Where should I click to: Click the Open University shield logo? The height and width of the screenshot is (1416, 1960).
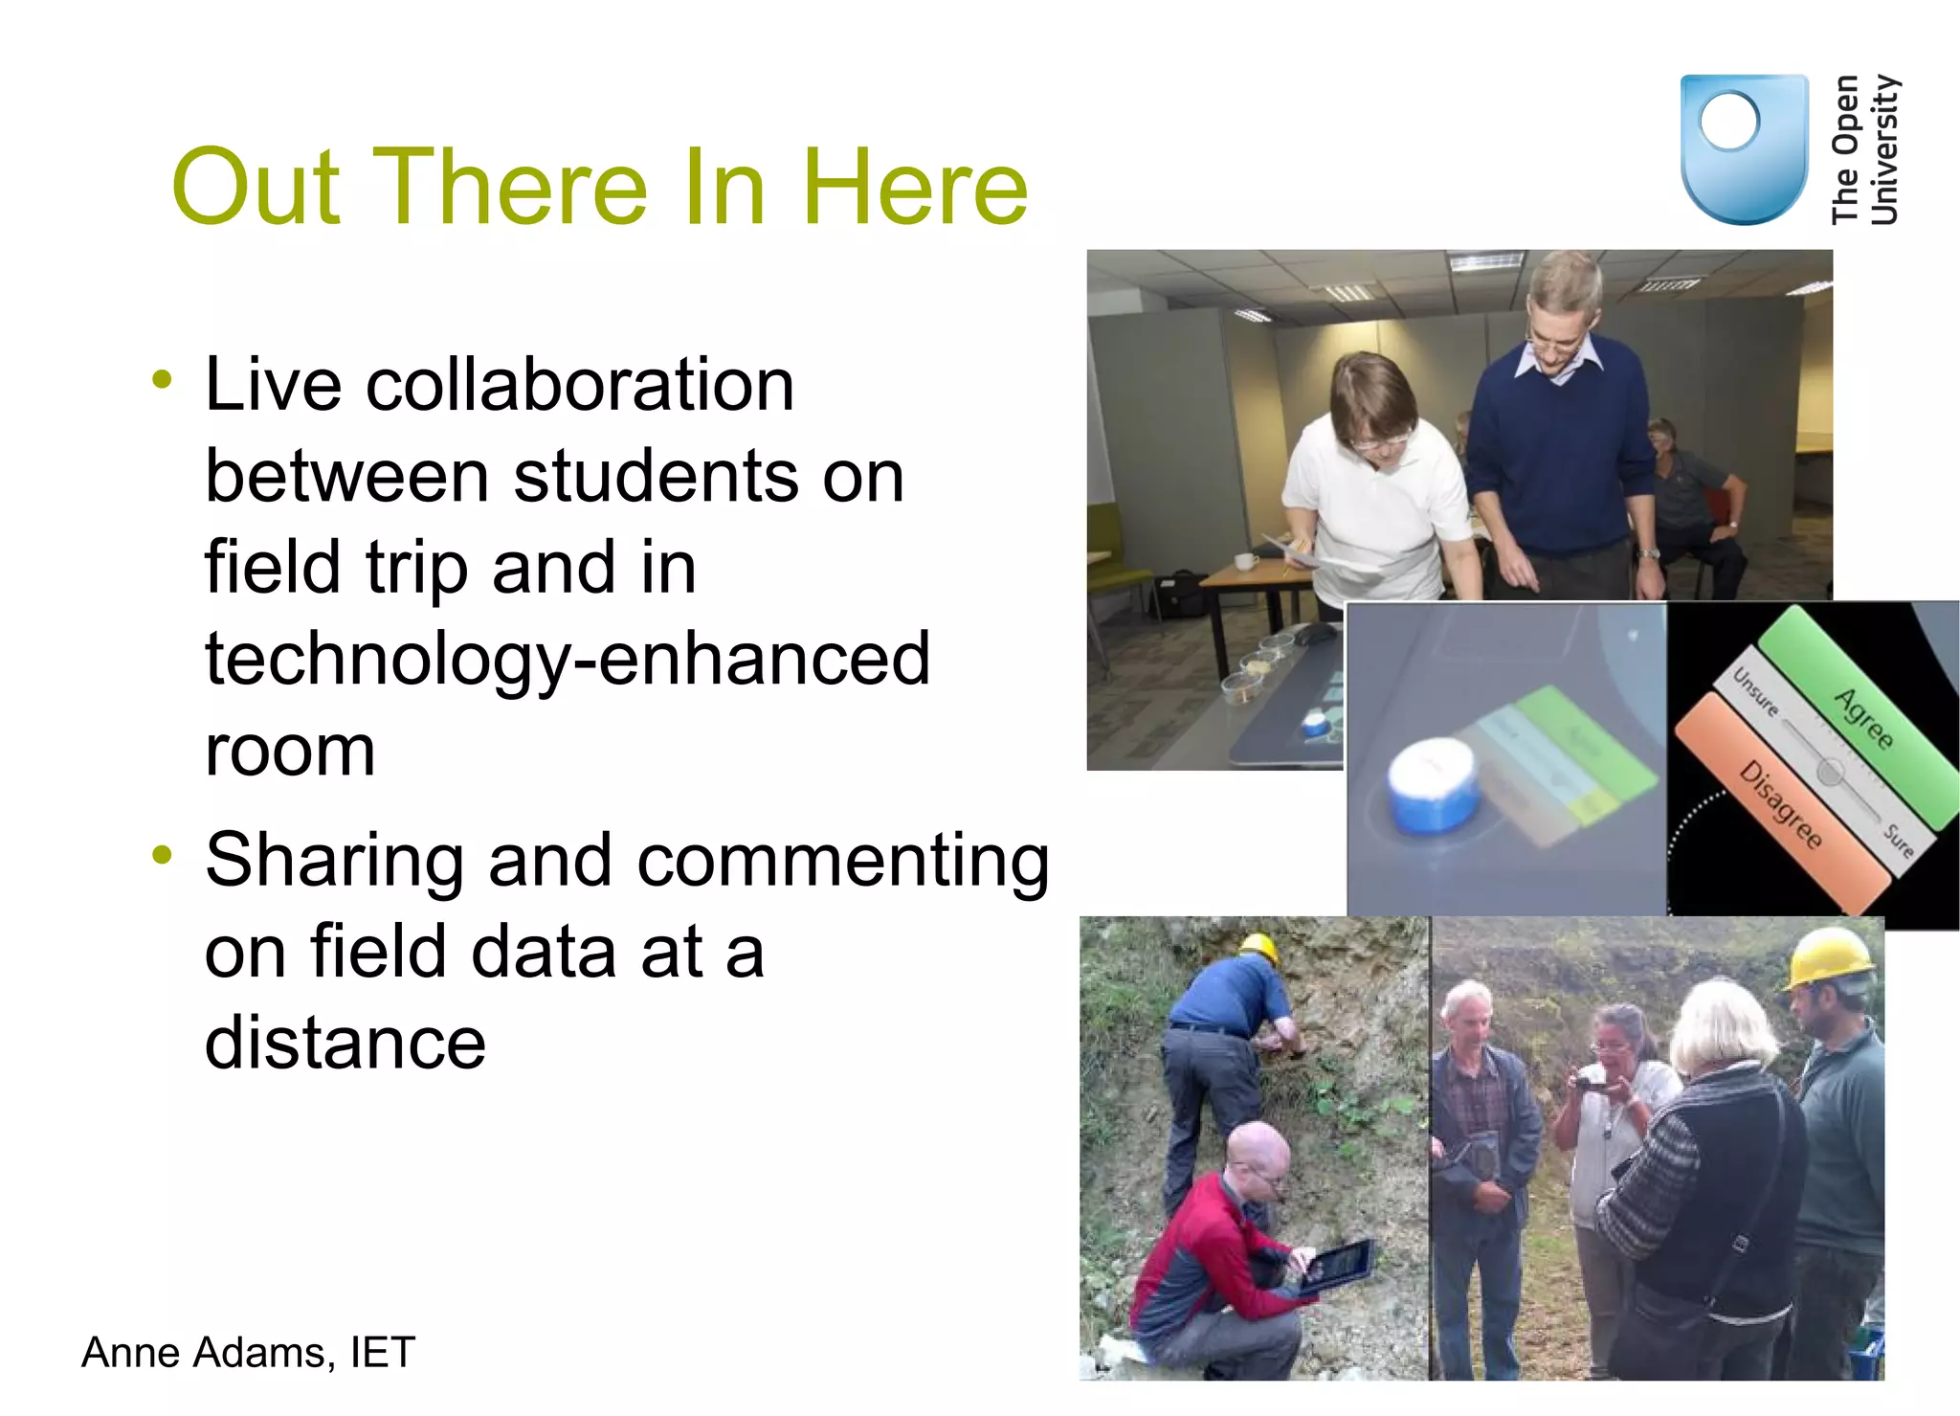(x=1744, y=148)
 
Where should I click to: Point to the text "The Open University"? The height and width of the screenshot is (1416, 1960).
(x=1864, y=149)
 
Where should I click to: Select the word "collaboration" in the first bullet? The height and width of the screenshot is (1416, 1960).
(x=580, y=385)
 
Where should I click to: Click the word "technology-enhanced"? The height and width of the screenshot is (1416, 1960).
(x=568, y=659)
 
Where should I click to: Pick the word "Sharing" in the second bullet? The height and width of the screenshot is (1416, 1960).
(x=333, y=860)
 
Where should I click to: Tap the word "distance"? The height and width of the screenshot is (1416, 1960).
(x=345, y=1043)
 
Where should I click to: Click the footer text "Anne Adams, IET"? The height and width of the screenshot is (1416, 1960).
(x=248, y=1352)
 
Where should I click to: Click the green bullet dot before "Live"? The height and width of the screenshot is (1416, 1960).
(x=163, y=379)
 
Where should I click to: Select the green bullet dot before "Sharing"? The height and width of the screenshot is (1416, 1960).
(x=163, y=854)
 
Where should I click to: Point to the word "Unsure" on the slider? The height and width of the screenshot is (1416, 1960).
(x=1757, y=692)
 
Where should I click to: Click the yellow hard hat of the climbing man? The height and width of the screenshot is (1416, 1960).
(x=1258, y=947)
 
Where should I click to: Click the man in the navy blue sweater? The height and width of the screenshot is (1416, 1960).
(x=1560, y=440)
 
